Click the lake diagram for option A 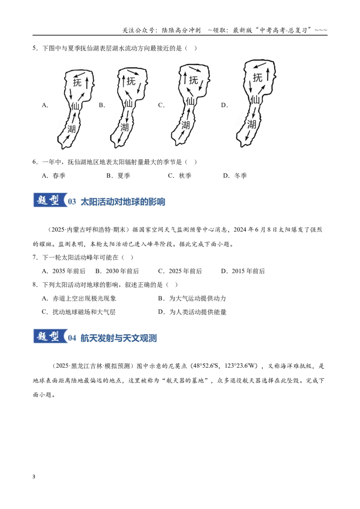pyautogui.click(x=76, y=109)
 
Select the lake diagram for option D pyautogui.click(x=255, y=103)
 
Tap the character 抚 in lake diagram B pyautogui.click(x=131, y=81)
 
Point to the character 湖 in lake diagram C pyautogui.click(x=185, y=125)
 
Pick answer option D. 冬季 pyautogui.click(x=234, y=176)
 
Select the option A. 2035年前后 pyautogui.click(x=64, y=271)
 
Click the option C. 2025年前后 pyautogui.click(x=180, y=271)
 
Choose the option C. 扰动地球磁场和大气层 pyautogui.click(x=79, y=312)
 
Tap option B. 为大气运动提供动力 pyautogui.click(x=192, y=298)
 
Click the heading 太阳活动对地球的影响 pyautogui.click(x=123, y=201)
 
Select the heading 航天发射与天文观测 pyautogui.click(x=119, y=338)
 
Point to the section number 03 pyautogui.click(x=72, y=201)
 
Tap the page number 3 pyautogui.click(x=34, y=477)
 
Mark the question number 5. pyautogui.click(x=35, y=49)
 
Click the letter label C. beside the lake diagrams pyautogui.click(x=161, y=105)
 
